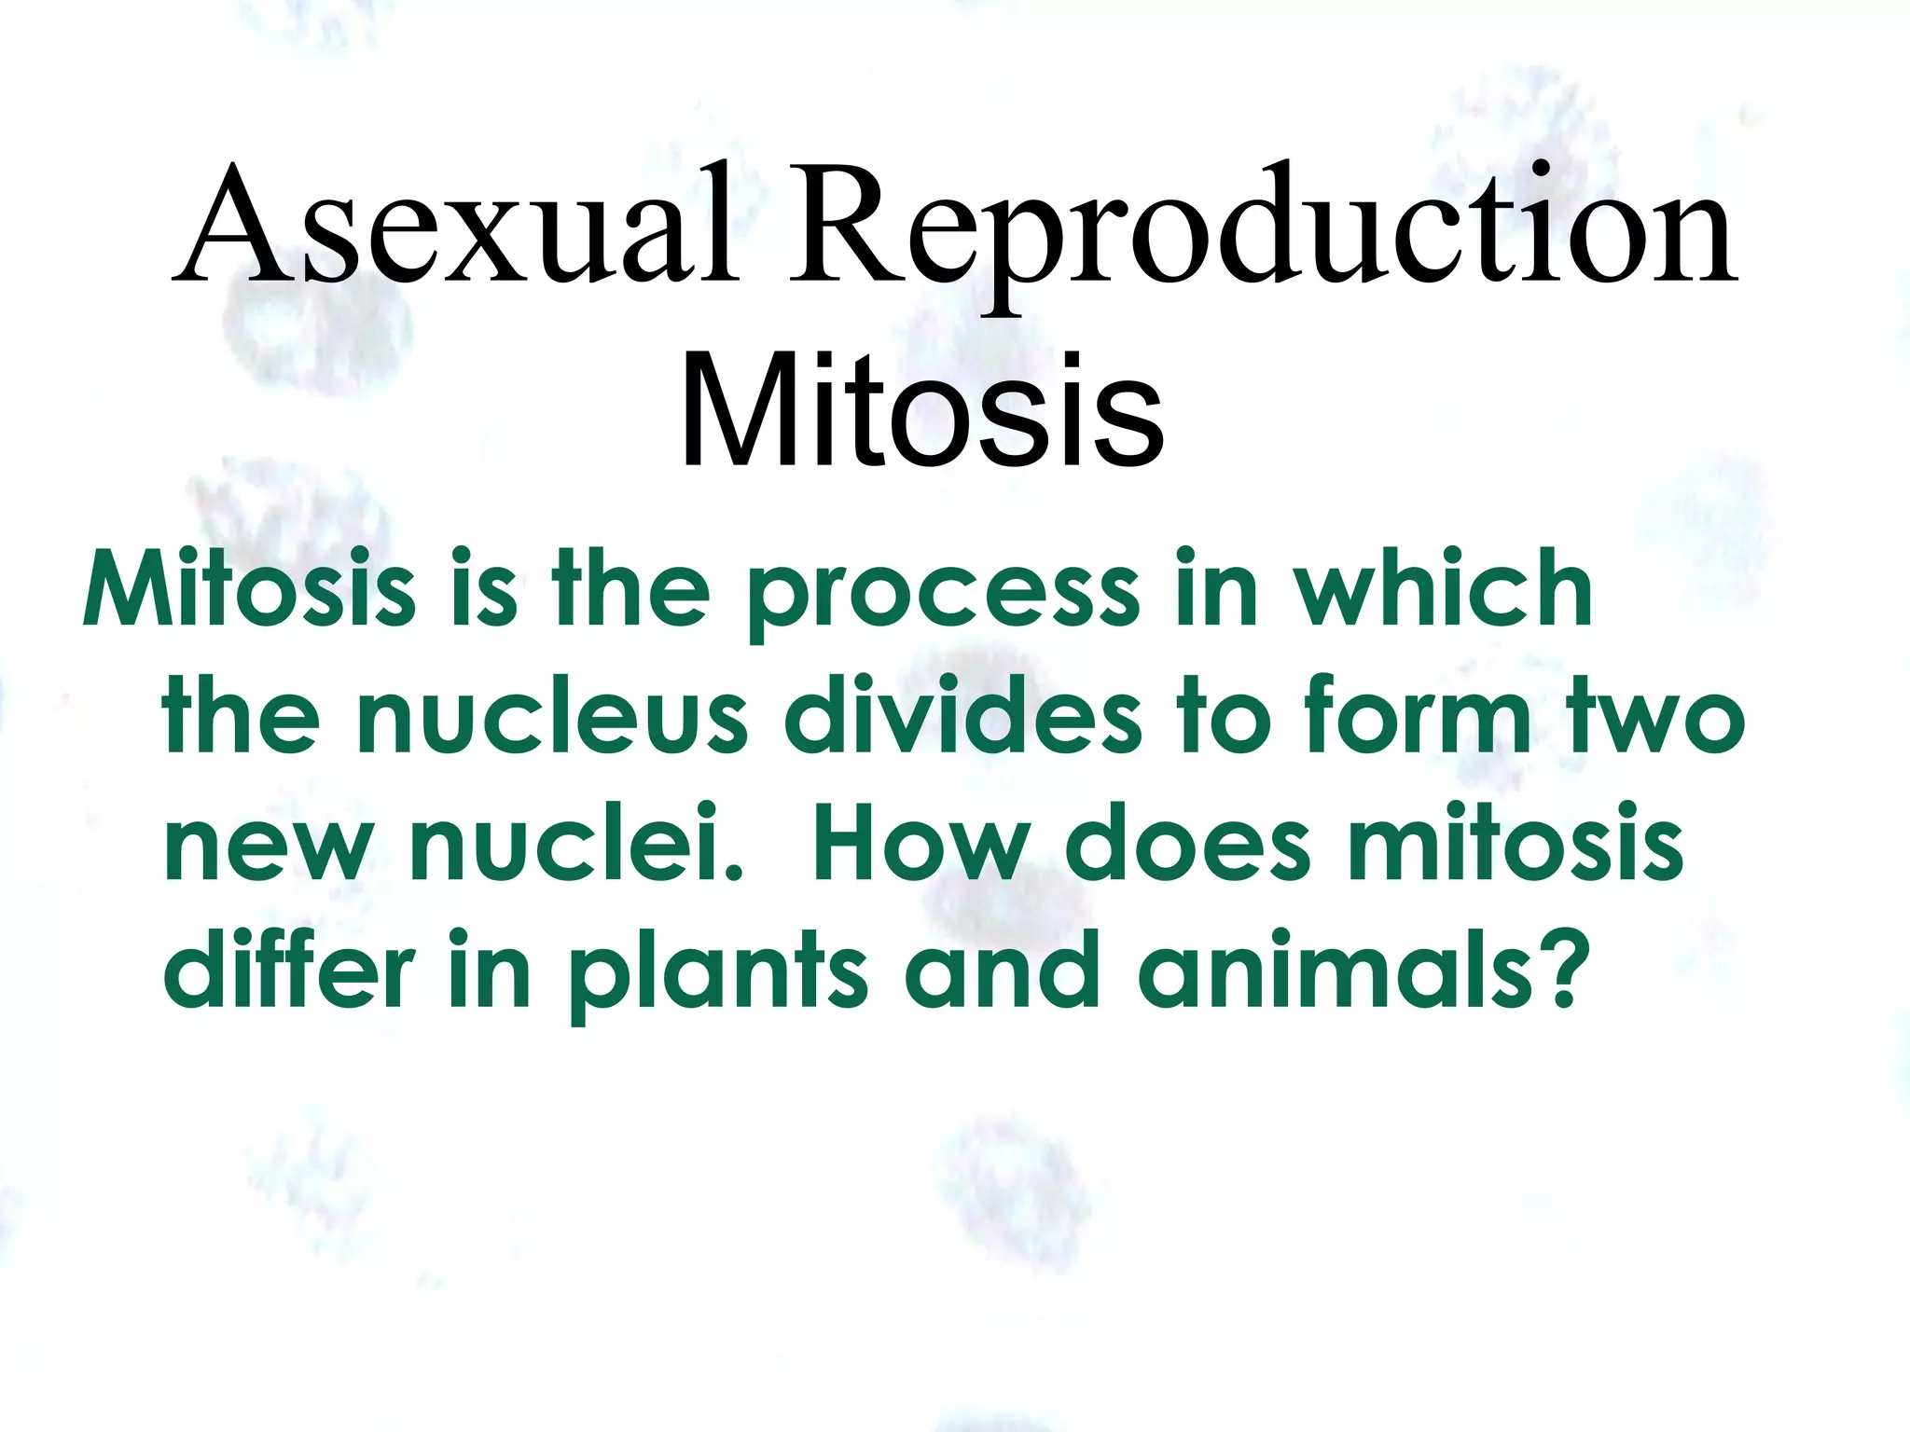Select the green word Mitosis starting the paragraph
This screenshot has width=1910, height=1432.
250,589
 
